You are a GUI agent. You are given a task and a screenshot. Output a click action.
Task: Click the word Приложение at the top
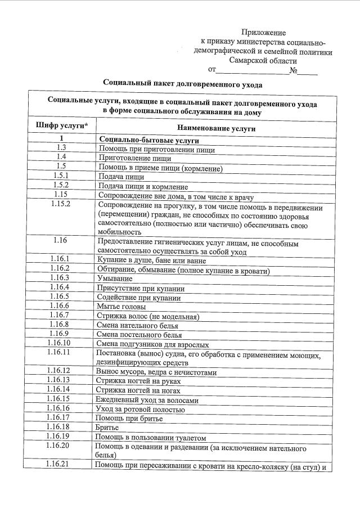click(263, 33)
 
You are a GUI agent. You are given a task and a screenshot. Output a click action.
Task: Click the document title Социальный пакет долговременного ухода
click(183, 83)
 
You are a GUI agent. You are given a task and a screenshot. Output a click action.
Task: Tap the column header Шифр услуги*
click(61, 124)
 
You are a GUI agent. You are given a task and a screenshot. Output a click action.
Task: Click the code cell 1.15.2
click(61, 204)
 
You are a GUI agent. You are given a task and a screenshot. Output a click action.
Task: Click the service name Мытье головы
click(121, 307)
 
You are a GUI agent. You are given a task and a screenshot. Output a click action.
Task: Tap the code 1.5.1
click(61, 176)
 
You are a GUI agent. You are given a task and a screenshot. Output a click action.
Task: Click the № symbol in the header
click(293, 70)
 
